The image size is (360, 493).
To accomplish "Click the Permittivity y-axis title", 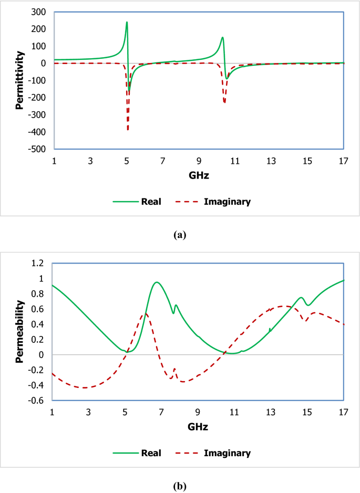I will click(x=19, y=80).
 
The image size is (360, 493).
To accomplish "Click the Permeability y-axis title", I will click(x=19, y=332).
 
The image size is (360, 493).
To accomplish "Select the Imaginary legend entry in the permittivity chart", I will click(x=228, y=201).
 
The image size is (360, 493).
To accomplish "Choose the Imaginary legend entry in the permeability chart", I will click(x=228, y=452).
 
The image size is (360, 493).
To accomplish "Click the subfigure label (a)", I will click(x=180, y=235).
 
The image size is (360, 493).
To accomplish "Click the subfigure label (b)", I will click(x=180, y=486).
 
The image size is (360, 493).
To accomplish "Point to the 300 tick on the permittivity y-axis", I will click(x=38, y=12).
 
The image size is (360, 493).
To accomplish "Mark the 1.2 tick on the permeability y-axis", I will click(x=39, y=263).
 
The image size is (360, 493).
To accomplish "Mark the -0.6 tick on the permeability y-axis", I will click(x=38, y=401).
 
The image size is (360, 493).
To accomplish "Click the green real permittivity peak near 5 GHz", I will click(x=127, y=22).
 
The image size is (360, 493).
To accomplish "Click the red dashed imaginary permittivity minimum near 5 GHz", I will click(x=128, y=130).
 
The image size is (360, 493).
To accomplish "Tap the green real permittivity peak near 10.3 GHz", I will click(x=222, y=37).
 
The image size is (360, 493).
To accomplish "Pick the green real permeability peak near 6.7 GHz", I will click(x=156, y=282).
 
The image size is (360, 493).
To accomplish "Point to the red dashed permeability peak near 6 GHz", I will click(x=145, y=314).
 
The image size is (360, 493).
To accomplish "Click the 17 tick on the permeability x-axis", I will click(x=344, y=411).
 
